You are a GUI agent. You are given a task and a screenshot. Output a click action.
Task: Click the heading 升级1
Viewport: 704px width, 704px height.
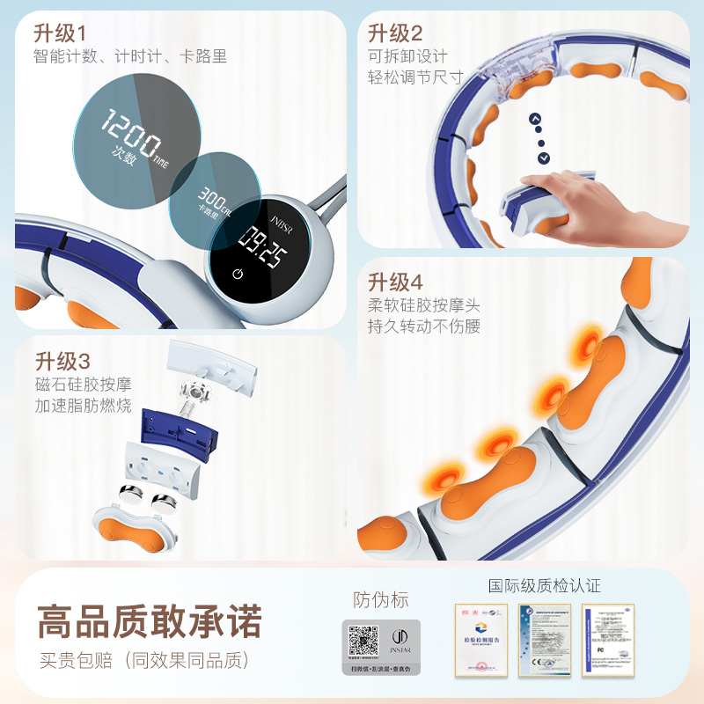tap(60, 33)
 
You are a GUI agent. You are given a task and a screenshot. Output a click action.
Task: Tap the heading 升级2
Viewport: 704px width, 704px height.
tap(395, 33)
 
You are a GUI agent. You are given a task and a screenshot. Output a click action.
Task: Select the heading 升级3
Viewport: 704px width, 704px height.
tap(62, 361)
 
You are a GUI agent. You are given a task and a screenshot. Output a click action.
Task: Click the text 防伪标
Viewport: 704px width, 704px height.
tap(381, 600)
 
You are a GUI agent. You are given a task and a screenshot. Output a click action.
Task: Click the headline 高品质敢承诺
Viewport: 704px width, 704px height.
tap(150, 622)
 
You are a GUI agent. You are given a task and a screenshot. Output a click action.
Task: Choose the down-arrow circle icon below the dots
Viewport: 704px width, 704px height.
tap(544, 158)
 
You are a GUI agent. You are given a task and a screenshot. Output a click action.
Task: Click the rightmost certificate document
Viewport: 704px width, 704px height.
tap(608, 639)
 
